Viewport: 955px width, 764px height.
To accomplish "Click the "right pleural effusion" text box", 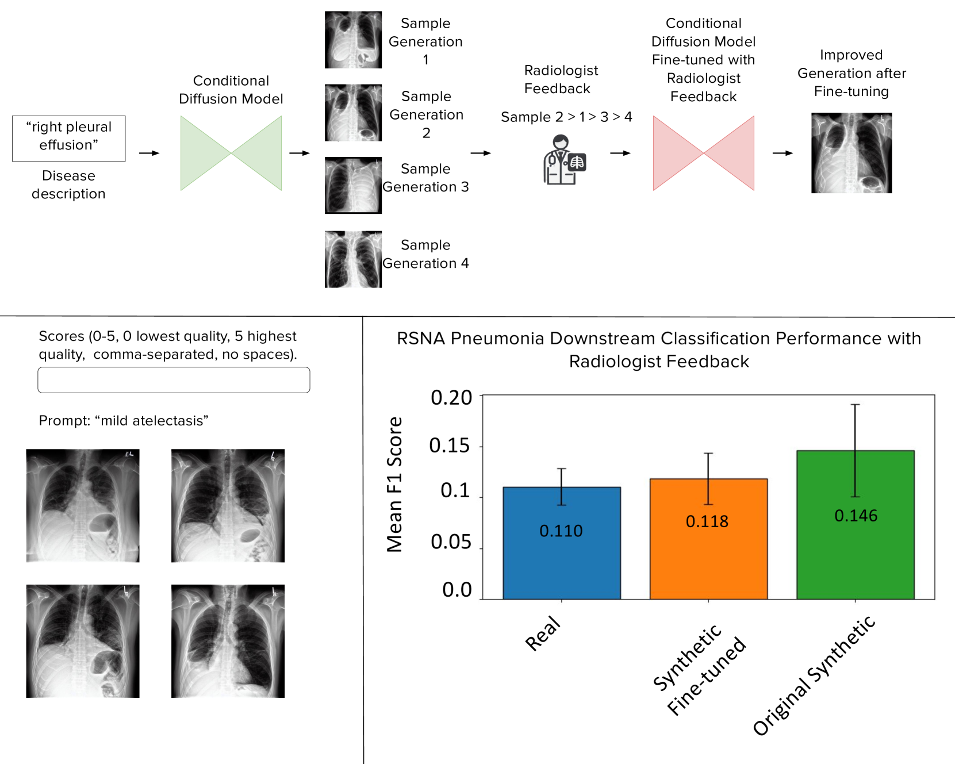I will tap(69, 138).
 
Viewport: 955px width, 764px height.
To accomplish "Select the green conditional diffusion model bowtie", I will tap(231, 153).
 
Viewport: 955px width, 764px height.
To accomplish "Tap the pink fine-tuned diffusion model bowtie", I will tap(703, 153).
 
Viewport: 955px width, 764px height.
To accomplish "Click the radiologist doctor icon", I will tap(563, 160).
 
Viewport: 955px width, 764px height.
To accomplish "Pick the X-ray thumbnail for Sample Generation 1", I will tap(353, 40).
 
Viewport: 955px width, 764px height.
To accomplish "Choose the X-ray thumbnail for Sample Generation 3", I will tap(353, 185).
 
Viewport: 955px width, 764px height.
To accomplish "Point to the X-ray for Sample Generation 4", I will tap(353, 259).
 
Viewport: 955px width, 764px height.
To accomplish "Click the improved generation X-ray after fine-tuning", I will tap(852, 153).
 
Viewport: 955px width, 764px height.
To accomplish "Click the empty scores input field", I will tap(174, 380).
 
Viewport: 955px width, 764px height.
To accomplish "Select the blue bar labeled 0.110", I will tap(562, 543).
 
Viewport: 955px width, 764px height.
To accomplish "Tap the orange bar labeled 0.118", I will tap(708, 539).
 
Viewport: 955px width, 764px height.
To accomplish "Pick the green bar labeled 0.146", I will tap(856, 524).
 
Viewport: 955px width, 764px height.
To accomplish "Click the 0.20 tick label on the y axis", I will tap(451, 397).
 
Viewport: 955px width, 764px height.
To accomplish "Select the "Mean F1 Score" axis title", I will tap(394, 485).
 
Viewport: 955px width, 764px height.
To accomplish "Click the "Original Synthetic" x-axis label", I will tap(814, 676).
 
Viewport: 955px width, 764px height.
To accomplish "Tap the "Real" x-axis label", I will tap(543, 634).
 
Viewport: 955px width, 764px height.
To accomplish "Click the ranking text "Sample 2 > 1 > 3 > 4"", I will tap(566, 117).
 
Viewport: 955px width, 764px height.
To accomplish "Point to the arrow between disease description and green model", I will tap(149, 153).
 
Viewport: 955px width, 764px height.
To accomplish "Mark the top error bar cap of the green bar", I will tap(856, 405).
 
